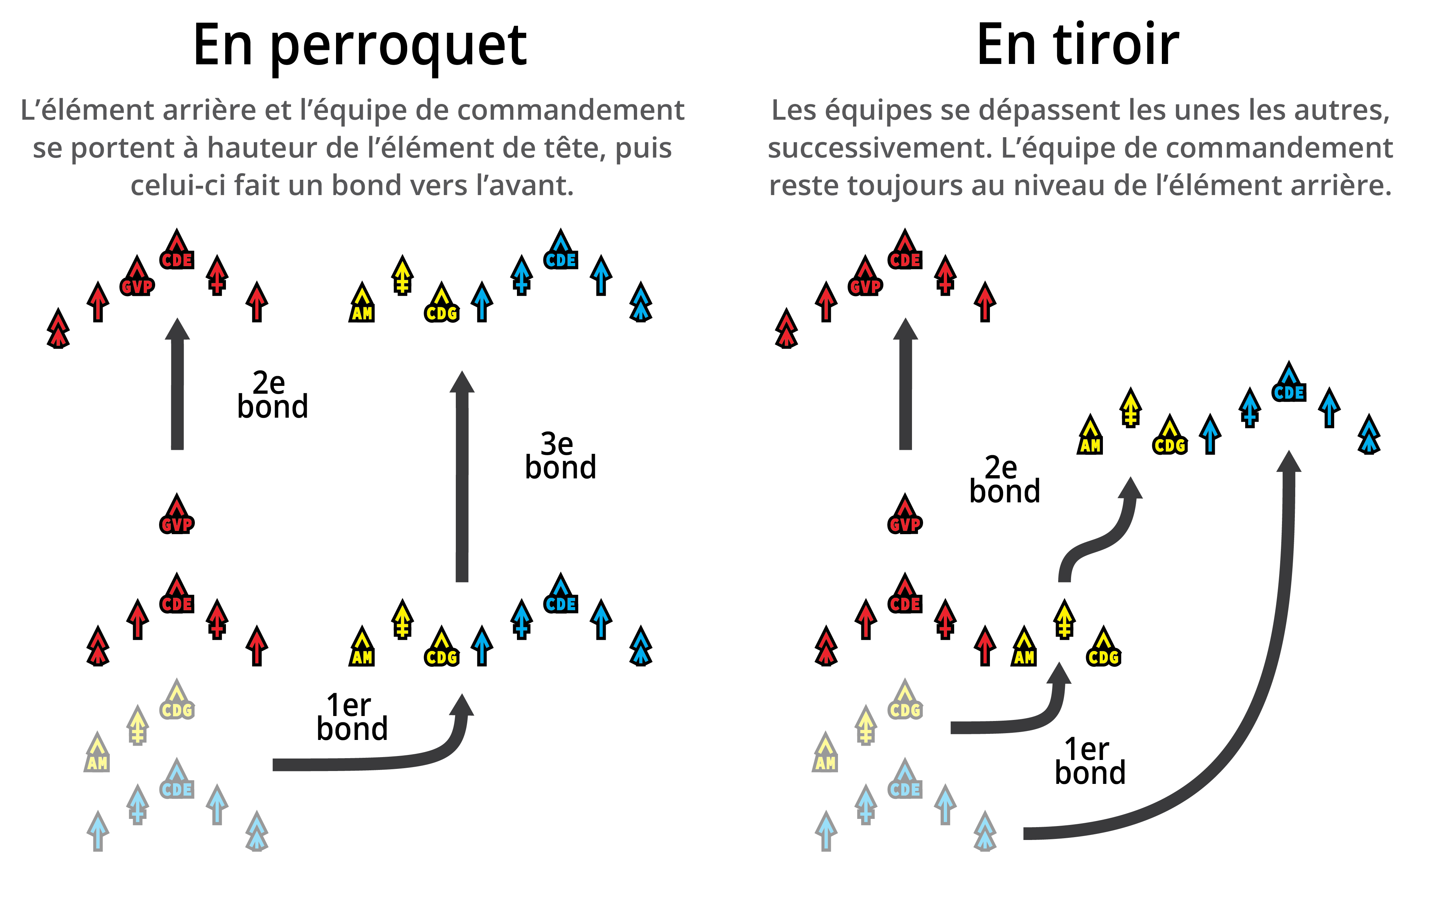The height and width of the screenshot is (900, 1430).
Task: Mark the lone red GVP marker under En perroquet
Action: tap(177, 515)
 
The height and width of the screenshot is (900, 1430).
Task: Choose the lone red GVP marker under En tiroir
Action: tap(905, 515)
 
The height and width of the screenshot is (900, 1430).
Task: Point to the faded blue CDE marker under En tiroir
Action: tap(905, 780)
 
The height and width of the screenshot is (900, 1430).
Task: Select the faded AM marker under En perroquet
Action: tap(97, 753)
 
